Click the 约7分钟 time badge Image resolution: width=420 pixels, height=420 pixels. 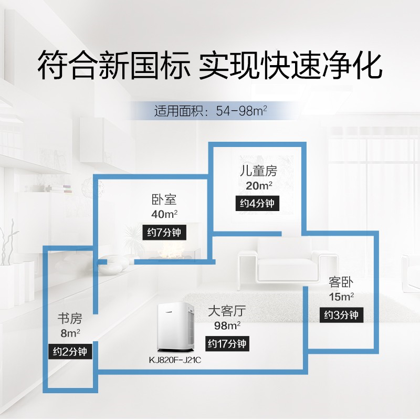click(x=164, y=232)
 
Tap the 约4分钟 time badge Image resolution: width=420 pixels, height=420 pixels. click(x=257, y=204)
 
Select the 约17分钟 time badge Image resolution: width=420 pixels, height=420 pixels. click(x=227, y=343)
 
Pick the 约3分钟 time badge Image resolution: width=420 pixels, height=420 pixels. click(x=341, y=314)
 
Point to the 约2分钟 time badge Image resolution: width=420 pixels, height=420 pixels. click(x=70, y=351)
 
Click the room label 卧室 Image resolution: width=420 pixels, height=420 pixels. click(x=164, y=199)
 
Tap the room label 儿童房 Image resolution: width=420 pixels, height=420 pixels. click(x=258, y=171)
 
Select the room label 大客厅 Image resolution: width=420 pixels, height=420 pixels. click(x=227, y=311)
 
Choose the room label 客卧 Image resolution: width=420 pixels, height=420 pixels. click(x=341, y=282)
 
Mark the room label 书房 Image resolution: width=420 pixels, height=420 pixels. click(x=70, y=319)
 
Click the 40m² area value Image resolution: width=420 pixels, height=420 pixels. click(x=164, y=214)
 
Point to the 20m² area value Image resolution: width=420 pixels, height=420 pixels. click(x=259, y=185)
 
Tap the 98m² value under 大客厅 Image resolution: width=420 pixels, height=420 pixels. click(x=227, y=325)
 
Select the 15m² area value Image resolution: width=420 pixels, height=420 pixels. click(x=341, y=297)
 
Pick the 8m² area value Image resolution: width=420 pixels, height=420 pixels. click(x=70, y=333)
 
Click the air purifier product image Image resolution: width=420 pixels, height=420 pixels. click(x=175, y=327)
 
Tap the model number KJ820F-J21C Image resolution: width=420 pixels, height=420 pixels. click(x=175, y=360)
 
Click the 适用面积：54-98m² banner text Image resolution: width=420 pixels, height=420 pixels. click(x=211, y=111)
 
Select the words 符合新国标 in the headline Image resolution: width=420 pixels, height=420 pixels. click(x=113, y=65)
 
